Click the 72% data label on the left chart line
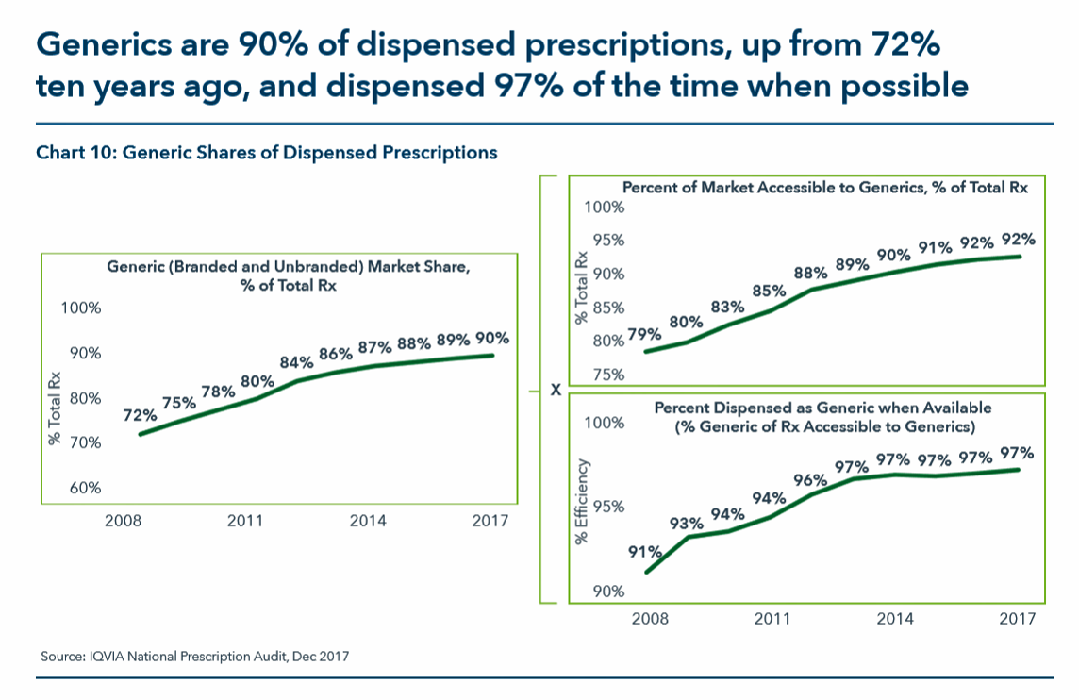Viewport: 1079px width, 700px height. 140,415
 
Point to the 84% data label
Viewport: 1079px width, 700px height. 297,363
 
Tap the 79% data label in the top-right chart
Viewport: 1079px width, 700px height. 644,333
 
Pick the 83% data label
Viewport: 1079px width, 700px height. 727,307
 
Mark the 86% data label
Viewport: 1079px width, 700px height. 336,354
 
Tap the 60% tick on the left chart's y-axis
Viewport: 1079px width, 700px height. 81,488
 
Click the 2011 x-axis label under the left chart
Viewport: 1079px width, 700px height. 244,520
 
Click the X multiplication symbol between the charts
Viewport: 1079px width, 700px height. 556,389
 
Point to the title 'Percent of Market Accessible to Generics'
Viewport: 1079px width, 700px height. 776,187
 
